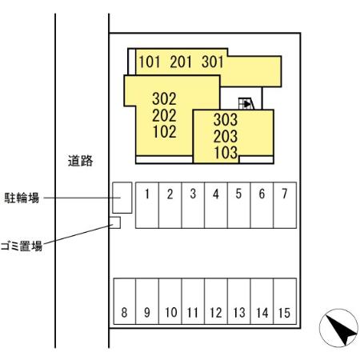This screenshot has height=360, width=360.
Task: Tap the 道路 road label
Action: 80,162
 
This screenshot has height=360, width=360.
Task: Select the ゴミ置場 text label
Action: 22,246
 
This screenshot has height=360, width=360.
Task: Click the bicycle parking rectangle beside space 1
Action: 122,197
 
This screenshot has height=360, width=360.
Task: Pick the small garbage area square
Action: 114,222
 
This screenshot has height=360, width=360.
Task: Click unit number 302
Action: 164,99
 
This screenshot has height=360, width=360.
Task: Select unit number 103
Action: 226,152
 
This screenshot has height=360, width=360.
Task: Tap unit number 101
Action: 150,62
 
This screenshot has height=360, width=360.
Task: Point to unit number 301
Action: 213,62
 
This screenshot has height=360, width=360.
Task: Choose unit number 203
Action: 226,135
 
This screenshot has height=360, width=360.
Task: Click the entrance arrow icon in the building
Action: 246,102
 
